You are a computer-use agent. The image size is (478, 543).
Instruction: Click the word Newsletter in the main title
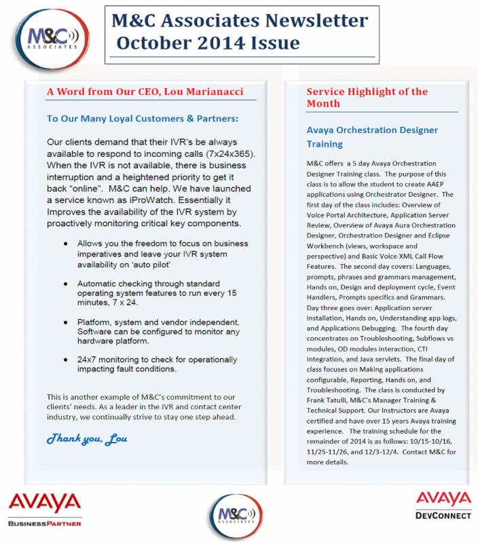pyautogui.click(x=306, y=21)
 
